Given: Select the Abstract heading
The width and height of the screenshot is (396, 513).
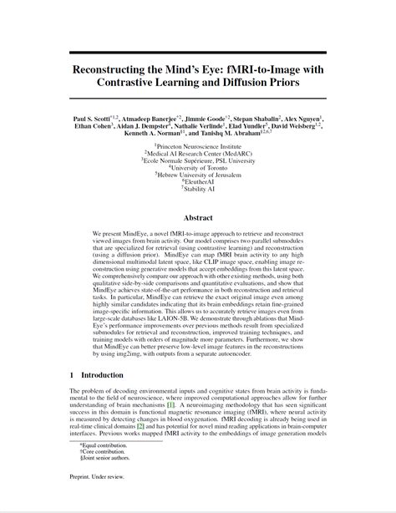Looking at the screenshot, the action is (x=198, y=216).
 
